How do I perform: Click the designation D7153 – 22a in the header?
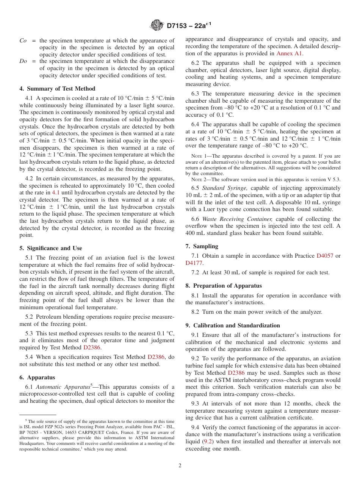click(188, 26)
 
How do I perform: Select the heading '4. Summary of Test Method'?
click(57, 89)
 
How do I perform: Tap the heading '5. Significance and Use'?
click(50, 248)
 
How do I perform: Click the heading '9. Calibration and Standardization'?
click(233, 326)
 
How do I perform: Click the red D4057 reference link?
click(325, 256)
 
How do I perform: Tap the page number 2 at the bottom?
click(180, 466)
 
